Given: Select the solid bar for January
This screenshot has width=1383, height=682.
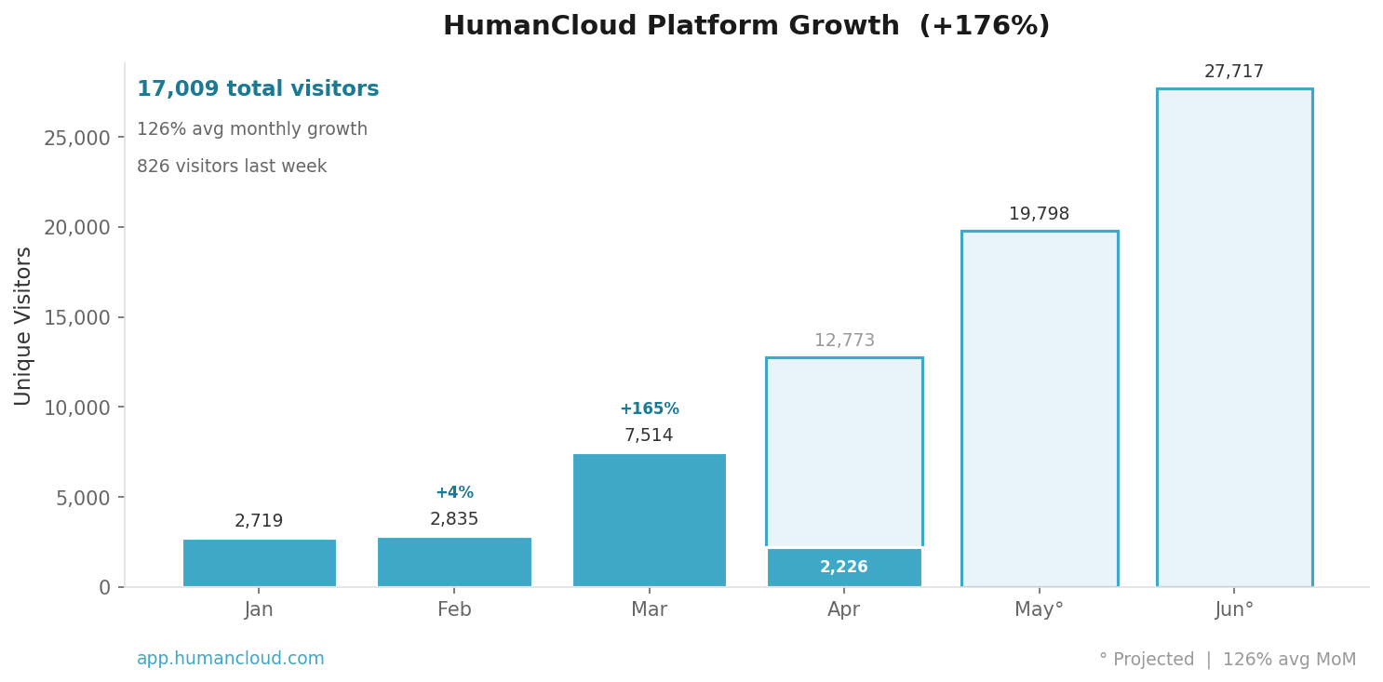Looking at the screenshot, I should tap(259, 563).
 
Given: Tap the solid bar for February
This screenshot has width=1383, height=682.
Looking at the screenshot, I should tap(454, 562).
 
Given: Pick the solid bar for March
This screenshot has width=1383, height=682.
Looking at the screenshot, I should tap(649, 520).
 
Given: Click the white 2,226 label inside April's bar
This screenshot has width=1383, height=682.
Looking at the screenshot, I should tap(843, 568).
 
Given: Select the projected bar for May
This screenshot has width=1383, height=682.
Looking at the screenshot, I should tap(1039, 409).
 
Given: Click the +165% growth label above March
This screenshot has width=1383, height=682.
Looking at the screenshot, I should tap(649, 409).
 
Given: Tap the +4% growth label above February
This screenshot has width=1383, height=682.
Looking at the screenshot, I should tap(454, 493).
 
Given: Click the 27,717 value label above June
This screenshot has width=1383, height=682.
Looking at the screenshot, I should tap(1234, 72).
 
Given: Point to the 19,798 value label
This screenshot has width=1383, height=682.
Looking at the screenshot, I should tap(1039, 214).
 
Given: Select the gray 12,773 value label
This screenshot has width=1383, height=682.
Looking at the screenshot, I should tap(844, 341).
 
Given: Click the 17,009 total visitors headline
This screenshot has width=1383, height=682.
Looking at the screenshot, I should tap(258, 89).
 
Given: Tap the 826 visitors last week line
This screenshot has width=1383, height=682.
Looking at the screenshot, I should tap(232, 167).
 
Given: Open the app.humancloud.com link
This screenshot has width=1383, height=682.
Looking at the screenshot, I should tap(231, 659).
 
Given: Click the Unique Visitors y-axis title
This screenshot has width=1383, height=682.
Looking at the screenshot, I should tap(24, 326).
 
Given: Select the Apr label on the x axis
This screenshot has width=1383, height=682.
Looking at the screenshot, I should tap(843, 610).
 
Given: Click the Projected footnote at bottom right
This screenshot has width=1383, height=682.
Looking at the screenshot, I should tap(1227, 660).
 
